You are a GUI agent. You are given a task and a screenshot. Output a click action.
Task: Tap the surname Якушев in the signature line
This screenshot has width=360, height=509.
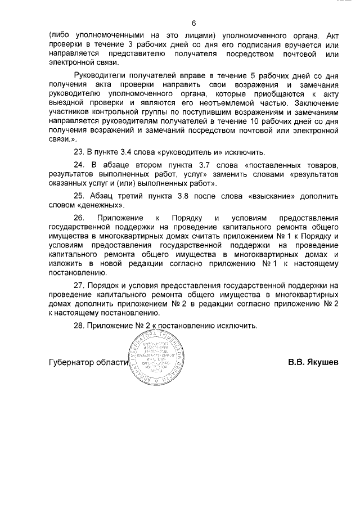click(323, 363)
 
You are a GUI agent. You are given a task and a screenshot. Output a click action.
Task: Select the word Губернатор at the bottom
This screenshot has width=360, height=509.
click(71, 363)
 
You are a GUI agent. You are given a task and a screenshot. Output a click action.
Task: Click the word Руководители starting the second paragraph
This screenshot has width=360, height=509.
click(100, 76)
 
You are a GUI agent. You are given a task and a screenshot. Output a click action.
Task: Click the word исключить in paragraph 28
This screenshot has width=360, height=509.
click(234, 325)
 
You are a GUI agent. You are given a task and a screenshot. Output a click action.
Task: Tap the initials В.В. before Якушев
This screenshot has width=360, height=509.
click(296, 363)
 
